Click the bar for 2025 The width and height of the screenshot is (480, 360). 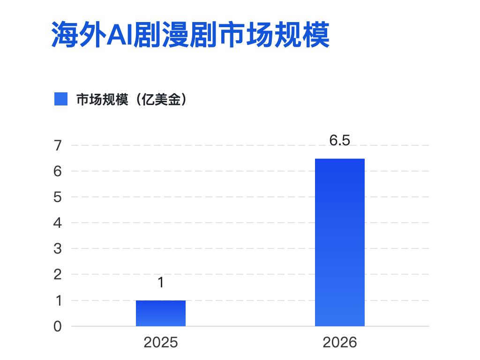pos(161,313)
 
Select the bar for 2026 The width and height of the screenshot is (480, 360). pos(340,242)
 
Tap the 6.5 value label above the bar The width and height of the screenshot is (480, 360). pos(340,140)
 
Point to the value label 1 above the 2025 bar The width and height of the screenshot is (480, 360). pos(161,282)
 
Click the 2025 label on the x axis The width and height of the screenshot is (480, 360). pos(161,342)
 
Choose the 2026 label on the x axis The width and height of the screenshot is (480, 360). pos(340,342)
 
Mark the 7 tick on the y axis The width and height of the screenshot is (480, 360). pos(58,145)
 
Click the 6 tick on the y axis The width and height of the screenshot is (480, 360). pos(58,171)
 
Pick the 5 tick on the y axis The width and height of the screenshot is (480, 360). pos(58,197)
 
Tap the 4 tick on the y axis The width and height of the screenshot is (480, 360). pos(58,223)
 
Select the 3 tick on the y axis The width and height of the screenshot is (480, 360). pos(58,248)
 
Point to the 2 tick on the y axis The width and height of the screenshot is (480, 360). pos(58,275)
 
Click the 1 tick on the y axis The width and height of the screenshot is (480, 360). pos(59,300)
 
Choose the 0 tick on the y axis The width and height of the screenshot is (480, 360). pos(58,326)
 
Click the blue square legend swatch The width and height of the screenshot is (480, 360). pos(61,99)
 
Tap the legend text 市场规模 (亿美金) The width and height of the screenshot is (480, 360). pos(131,99)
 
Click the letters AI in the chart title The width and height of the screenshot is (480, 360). pos(120,35)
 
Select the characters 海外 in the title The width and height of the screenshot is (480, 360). pos(79,34)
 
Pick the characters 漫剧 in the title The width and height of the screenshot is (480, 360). pos(190,34)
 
